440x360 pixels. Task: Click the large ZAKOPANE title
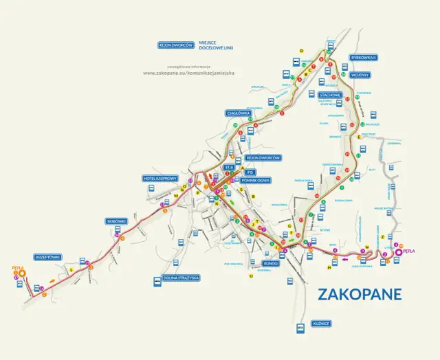click(x=360, y=294)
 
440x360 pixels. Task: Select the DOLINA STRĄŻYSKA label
click(x=178, y=278)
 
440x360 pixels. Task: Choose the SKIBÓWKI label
click(x=116, y=221)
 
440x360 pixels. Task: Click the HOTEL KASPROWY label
click(x=161, y=178)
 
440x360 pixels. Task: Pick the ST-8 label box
click(x=230, y=167)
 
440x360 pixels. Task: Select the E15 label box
click(x=250, y=172)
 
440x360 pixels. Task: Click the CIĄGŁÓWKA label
click(x=237, y=113)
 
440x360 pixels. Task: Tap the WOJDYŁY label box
click(x=360, y=74)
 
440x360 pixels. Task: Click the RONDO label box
click(x=269, y=262)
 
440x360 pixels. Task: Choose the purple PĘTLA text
click(x=409, y=251)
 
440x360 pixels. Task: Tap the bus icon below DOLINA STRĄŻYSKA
click(x=158, y=287)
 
